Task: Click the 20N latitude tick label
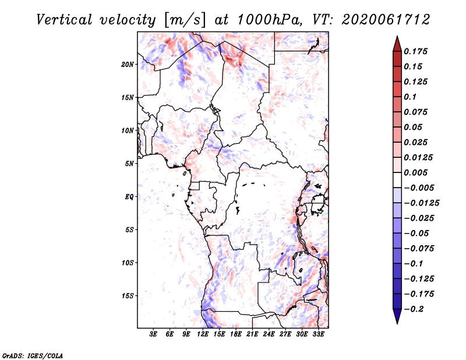point(128,65)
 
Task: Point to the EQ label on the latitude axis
point(129,197)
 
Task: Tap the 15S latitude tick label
point(128,296)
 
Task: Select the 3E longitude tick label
point(153,334)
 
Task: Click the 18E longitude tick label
point(236,334)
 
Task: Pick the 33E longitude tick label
point(318,334)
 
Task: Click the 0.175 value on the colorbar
point(415,51)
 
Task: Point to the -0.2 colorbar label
point(414,309)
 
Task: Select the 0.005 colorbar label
point(415,172)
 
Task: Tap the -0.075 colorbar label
point(419,249)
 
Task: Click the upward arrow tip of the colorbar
point(397,36)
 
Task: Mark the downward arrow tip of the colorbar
point(397,324)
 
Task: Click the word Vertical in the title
point(64,20)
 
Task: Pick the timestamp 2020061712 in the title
point(386,20)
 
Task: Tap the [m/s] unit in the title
point(184,20)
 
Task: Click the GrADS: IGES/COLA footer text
point(33,356)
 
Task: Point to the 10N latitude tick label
point(128,130)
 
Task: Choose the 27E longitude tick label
point(285,334)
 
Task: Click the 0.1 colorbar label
point(410,97)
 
